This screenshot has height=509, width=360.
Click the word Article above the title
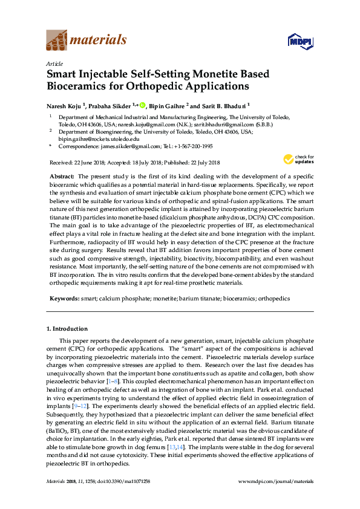54,63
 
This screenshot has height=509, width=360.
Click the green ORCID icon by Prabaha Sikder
143,105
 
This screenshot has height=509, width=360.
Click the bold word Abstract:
61,175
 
